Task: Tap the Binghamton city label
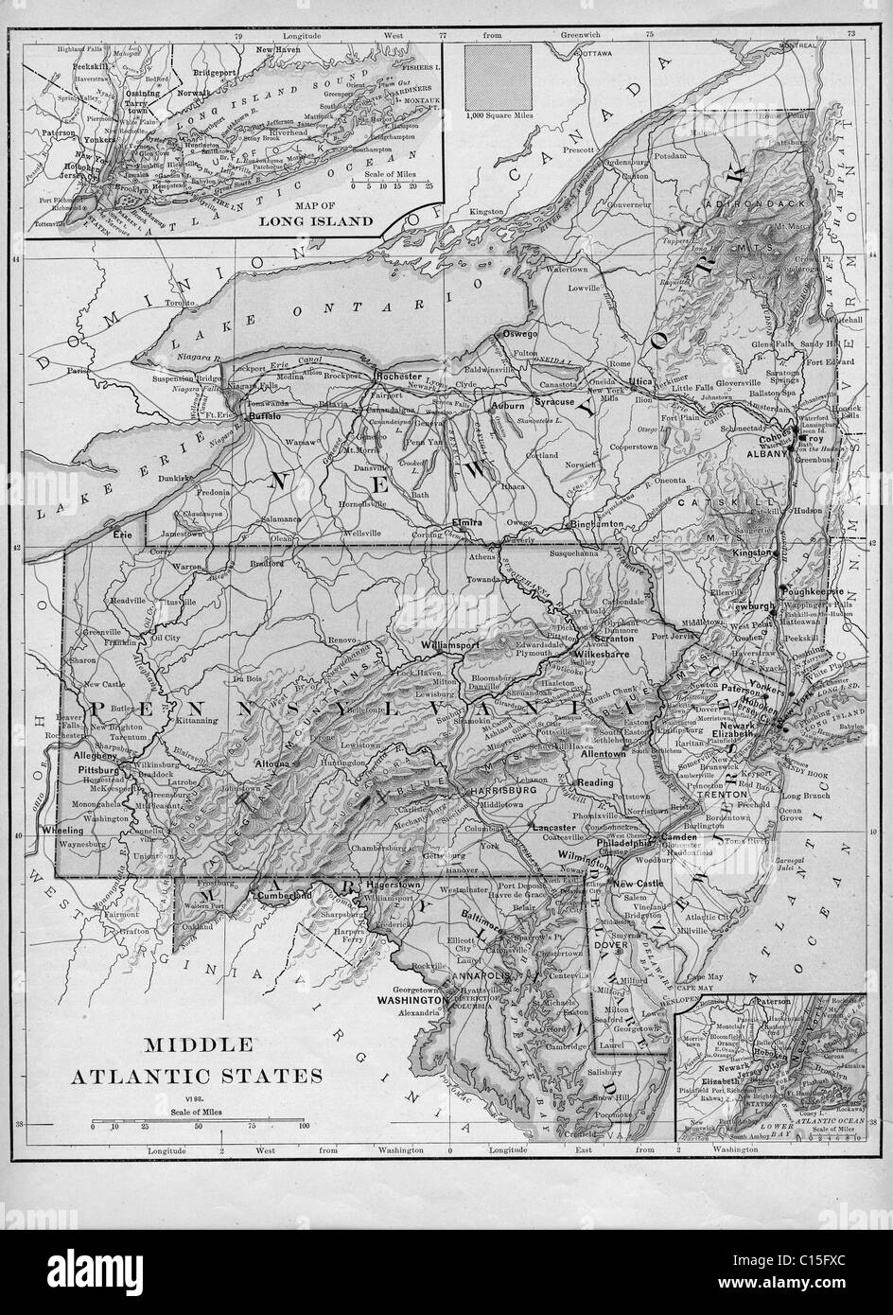coord(595,523)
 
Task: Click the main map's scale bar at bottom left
coord(197,1125)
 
